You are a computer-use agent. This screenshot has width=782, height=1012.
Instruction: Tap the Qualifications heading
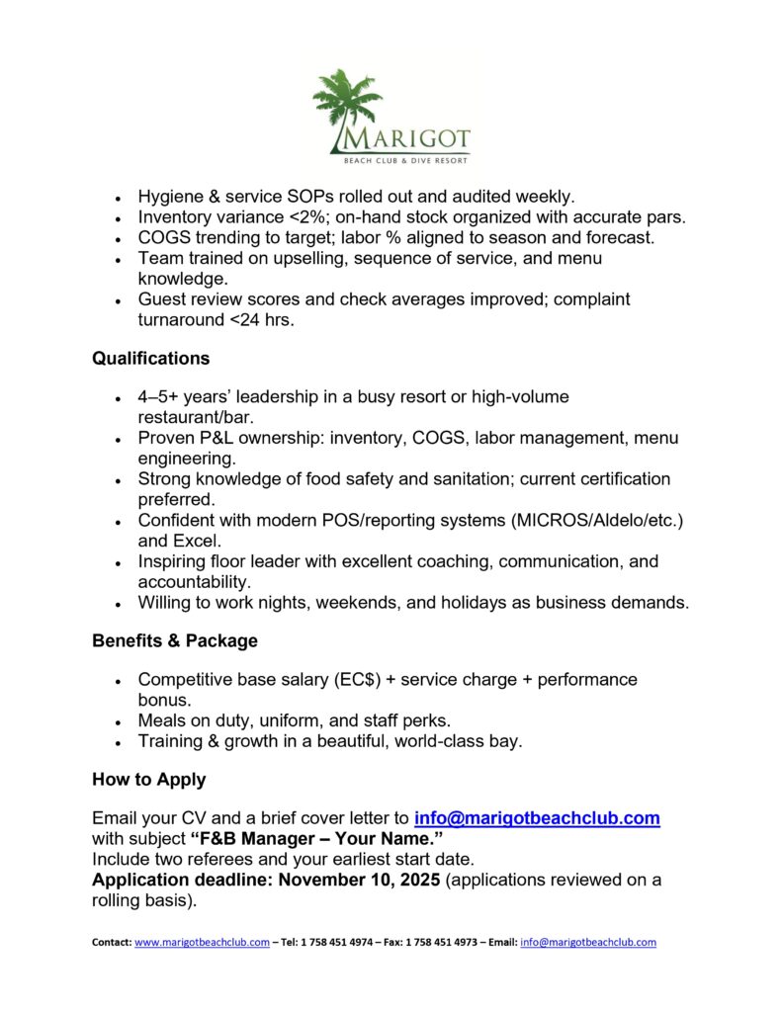click(x=150, y=358)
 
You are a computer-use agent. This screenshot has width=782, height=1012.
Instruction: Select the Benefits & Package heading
click(x=174, y=640)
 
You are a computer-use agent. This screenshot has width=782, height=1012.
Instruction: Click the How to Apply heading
click(x=148, y=779)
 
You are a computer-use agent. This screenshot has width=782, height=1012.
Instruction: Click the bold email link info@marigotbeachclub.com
click(x=537, y=818)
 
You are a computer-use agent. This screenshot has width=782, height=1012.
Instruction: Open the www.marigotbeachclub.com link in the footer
click(x=202, y=943)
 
